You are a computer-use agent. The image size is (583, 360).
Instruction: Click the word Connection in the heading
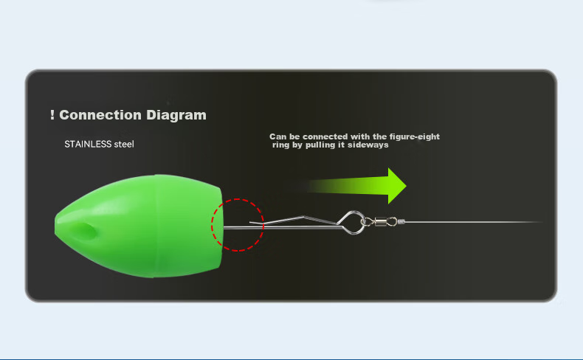(x=100, y=115)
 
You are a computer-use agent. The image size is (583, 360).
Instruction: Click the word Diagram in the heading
(x=176, y=115)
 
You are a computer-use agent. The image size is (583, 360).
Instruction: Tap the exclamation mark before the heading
(x=52, y=115)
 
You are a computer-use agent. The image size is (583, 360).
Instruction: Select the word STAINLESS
(x=88, y=144)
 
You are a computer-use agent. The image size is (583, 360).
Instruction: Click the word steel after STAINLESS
(x=124, y=144)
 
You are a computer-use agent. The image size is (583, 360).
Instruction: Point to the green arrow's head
(x=397, y=186)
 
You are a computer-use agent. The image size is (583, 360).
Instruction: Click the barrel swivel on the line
(x=380, y=222)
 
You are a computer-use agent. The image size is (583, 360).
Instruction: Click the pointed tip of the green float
(x=56, y=226)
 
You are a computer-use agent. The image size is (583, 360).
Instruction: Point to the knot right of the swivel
(x=401, y=222)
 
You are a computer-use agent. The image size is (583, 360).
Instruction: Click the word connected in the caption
(x=325, y=136)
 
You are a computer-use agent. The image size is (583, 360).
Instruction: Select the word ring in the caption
(x=280, y=145)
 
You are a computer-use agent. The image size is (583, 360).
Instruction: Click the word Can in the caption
(x=277, y=136)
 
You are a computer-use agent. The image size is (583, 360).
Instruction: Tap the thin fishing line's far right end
(x=542, y=222)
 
